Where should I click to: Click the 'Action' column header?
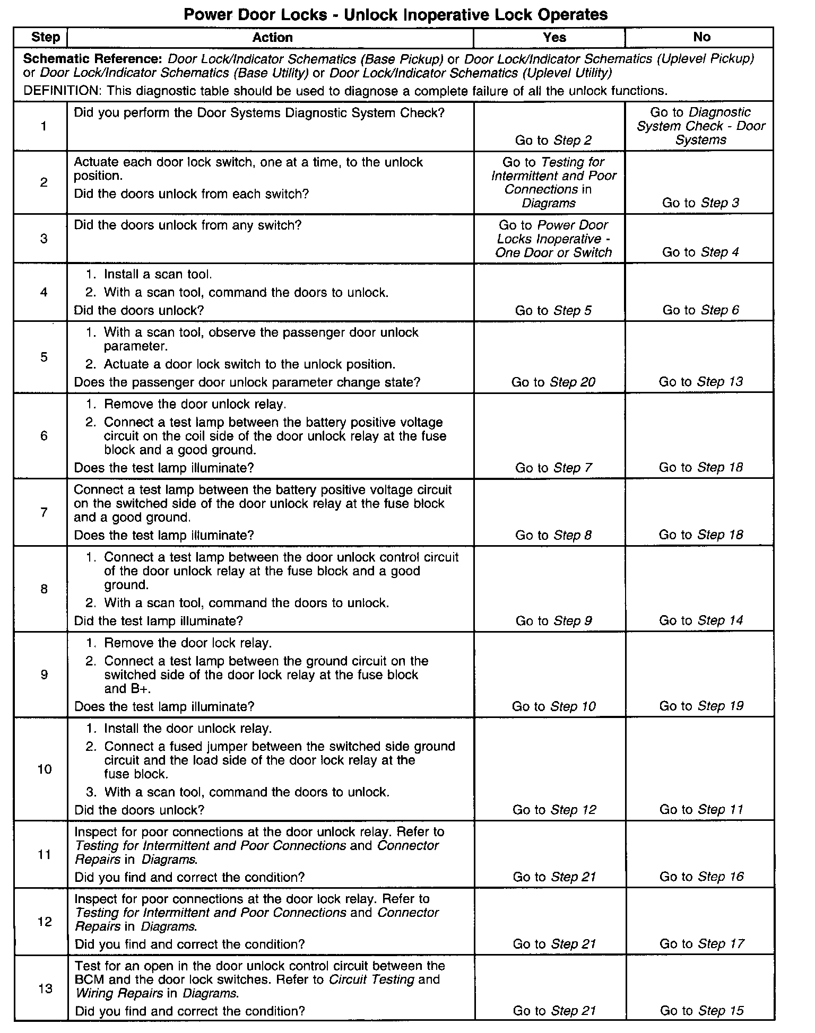click(272, 37)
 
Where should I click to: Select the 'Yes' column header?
click(554, 37)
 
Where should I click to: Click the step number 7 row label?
click(44, 512)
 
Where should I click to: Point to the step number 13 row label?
click(45, 988)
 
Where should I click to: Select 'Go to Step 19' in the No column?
click(701, 706)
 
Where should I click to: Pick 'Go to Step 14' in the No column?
click(701, 620)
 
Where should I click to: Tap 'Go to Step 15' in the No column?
click(701, 1011)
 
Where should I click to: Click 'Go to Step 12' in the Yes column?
click(554, 810)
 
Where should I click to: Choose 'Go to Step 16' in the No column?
click(701, 877)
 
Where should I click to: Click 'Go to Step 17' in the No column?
click(701, 943)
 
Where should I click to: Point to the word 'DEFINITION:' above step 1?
click(62, 91)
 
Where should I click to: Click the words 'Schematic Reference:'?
click(92, 58)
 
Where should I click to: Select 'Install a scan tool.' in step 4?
click(158, 275)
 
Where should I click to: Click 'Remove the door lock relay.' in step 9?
click(187, 643)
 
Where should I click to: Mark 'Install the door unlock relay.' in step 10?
click(187, 728)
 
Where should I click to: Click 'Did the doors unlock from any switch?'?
click(187, 225)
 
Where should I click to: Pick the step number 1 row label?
click(44, 126)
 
